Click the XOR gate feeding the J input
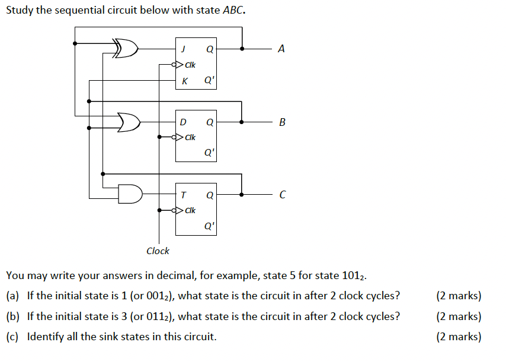pos(126,49)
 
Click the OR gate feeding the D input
pos(128,122)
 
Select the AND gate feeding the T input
pos(130,194)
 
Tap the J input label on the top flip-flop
pos(184,49)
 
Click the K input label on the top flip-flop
pos(184,81)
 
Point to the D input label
pos(183,122)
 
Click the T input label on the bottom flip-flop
pos(184,195)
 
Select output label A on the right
pos(281,49)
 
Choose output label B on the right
pos(281,122)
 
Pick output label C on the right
pos(281,195)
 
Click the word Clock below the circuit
pos(158,251)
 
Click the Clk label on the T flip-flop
pos(190,210)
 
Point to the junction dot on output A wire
pos(242,49)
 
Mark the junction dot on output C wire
pos(242,194)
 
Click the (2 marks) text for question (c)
pos(459,337)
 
